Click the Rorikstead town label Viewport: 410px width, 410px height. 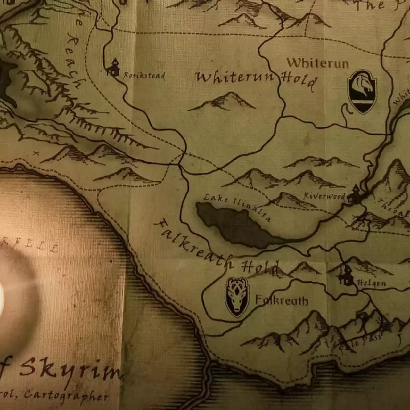point(144,76)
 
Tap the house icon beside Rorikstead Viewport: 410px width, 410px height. point(113,67)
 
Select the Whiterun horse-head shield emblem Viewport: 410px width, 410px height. point(362,92)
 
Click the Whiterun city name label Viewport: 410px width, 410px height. point(317,63)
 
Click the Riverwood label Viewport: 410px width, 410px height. point(324,196)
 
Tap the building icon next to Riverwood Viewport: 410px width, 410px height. point(354,194)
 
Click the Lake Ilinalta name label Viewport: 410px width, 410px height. point(237,207)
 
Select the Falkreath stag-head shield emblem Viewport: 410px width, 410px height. point(237,297)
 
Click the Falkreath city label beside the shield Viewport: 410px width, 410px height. point(282,300)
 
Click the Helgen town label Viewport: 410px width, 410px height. point(371,283)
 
